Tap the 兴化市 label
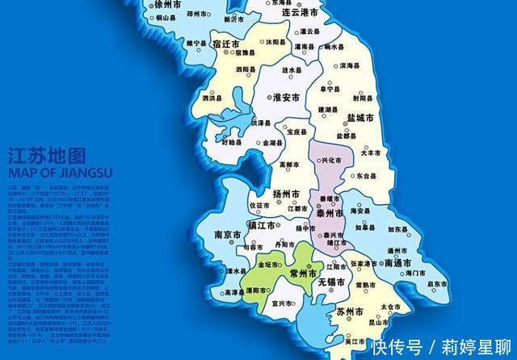[x=331, y=160]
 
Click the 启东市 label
[x=437, y=283]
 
